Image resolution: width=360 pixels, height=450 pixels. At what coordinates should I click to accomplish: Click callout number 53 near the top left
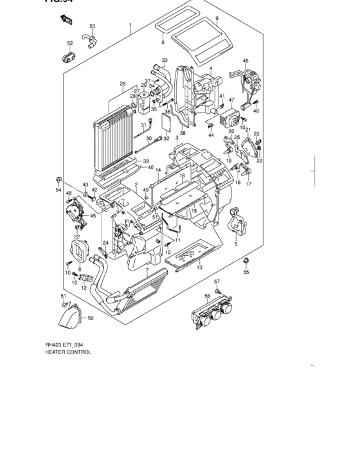[x=92, y=26]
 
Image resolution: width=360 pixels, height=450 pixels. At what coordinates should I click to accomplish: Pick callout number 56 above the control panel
[x=208, y=296]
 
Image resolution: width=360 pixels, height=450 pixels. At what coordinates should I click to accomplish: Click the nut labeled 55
[x=246, y=261]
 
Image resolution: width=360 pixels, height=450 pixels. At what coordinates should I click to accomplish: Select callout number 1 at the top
[x=130, y=27]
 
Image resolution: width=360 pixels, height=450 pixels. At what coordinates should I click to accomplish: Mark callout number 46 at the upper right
[x=245, y=61]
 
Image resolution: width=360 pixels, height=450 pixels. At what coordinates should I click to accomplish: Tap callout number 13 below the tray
[x=199, y=267]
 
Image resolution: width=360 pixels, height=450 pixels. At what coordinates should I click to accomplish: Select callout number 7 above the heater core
[x=147, y=271]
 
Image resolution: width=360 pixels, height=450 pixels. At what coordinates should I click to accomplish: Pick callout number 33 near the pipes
[x=165, y=60]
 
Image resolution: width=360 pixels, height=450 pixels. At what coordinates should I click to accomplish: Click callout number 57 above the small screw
[x=217, y=282]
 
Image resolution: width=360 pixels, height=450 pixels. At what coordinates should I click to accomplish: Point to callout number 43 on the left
[x=85, y=185]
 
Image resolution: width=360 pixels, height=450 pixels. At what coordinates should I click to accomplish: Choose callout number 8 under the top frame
[x=163, y=42]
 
